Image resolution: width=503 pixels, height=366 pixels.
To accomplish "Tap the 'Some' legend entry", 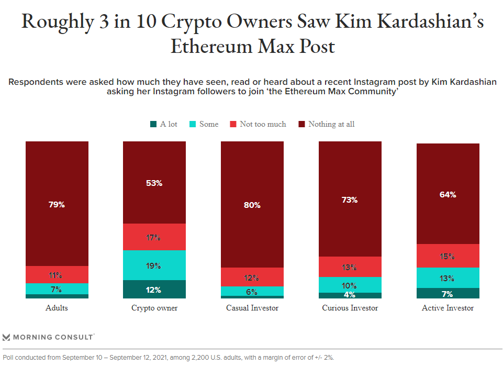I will coord(204,124).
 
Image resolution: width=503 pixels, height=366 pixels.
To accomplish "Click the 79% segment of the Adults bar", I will coord(57,204).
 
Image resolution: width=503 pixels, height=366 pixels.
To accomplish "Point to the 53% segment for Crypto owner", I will coord(154,183).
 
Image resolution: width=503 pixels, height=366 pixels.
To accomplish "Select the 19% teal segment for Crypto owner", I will coord(154,265).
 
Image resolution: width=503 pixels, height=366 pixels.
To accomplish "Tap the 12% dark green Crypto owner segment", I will coord(154,290).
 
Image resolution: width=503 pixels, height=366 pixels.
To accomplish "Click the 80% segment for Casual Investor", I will coord(252,205).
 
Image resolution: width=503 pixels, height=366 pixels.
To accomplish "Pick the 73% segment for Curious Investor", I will coord(350,199).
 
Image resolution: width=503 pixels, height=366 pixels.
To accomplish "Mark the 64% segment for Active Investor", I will coord(448,194).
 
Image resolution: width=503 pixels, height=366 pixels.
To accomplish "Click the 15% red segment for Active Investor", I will coord(448,256).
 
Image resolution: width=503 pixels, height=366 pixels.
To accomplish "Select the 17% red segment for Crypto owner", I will coord(154,237).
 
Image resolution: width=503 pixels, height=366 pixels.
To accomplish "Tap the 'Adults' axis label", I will coord(57,308).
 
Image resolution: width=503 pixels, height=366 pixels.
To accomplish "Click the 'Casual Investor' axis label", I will coord(252,308).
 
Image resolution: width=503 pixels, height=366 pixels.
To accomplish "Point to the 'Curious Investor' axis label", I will coord(350,308).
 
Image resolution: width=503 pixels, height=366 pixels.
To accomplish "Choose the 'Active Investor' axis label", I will coord(448,308).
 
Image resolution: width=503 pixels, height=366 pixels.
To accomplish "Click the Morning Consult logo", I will coord(48,337).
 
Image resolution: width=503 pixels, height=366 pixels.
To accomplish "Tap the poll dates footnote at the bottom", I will coord(168,358).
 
